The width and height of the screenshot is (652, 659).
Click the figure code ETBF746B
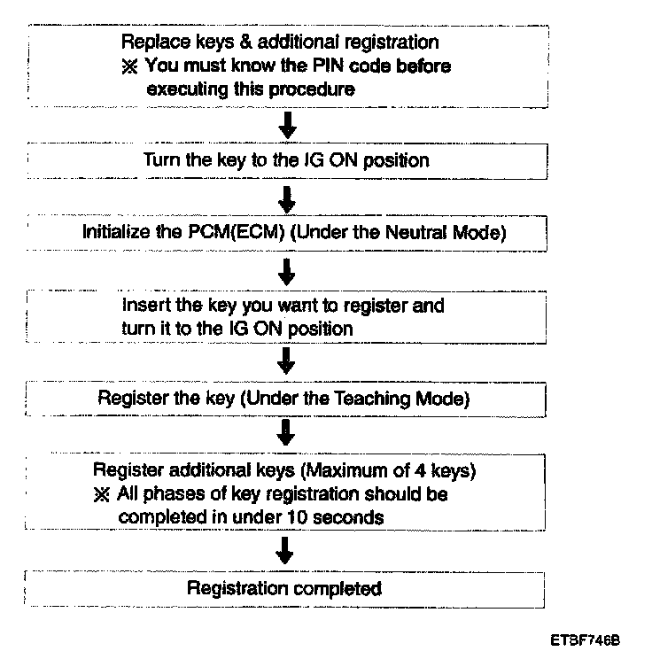pyautogui.click(x=585, y=640)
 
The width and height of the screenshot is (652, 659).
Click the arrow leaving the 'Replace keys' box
pyautogui.click(x=288, y=125)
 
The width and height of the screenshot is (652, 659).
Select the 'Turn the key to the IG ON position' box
pyautogui.click(x=287, y=161)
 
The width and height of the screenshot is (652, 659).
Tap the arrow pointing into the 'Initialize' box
pyautogui.click(x=287, y=199)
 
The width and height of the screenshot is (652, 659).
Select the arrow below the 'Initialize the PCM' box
pyautogui.click(x=287, y=272)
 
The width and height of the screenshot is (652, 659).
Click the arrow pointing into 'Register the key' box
pyautogui.click(x=286, y=361)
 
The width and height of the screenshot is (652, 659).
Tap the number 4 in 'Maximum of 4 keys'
pyautogui.click(x=420, y=470)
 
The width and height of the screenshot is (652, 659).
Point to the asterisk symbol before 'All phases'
pyautogui.click(x=102, y=494)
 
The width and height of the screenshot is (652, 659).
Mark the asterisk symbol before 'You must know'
pyautogui.click(x=129, y=66)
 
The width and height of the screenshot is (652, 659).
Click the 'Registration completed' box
pyautogui.click(x=284, y=589)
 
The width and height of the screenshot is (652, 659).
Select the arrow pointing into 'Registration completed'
pyautogui.click(x=284, y=550)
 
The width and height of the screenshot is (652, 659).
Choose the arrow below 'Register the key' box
pyautogui.click(x=286, y=432)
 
